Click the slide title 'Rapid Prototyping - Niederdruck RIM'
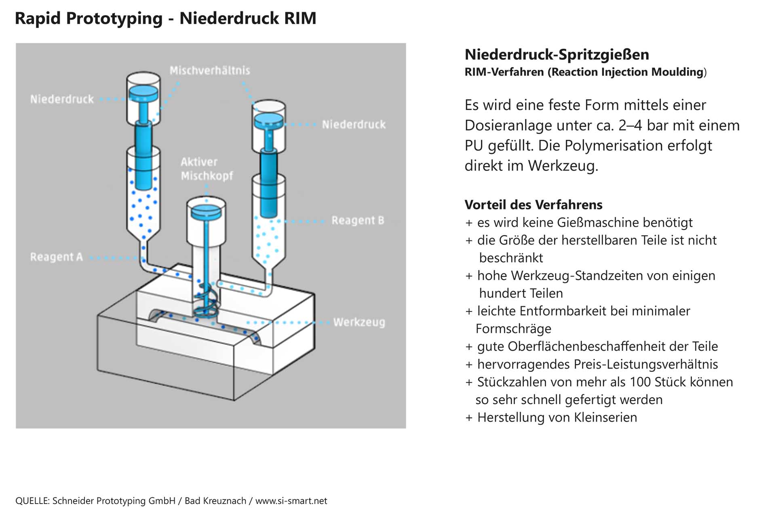(x=165, y=18)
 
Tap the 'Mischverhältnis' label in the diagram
(x=210, y=71)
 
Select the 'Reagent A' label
(x=56, y=257)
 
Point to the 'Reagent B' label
(x=358, y=221)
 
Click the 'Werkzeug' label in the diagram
(x=359, y=322)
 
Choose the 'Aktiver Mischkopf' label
(x=207, y=169)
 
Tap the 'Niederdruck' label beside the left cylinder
(x=62, y=99)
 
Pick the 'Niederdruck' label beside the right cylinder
(x=354, y=125)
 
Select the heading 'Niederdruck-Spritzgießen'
(x=557, y=55)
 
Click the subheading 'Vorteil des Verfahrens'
(x=533, y=205)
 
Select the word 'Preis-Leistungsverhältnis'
(x=645, y=364)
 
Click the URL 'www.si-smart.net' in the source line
(x=291, y=501)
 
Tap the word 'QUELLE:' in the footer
(x=32, y=501)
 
